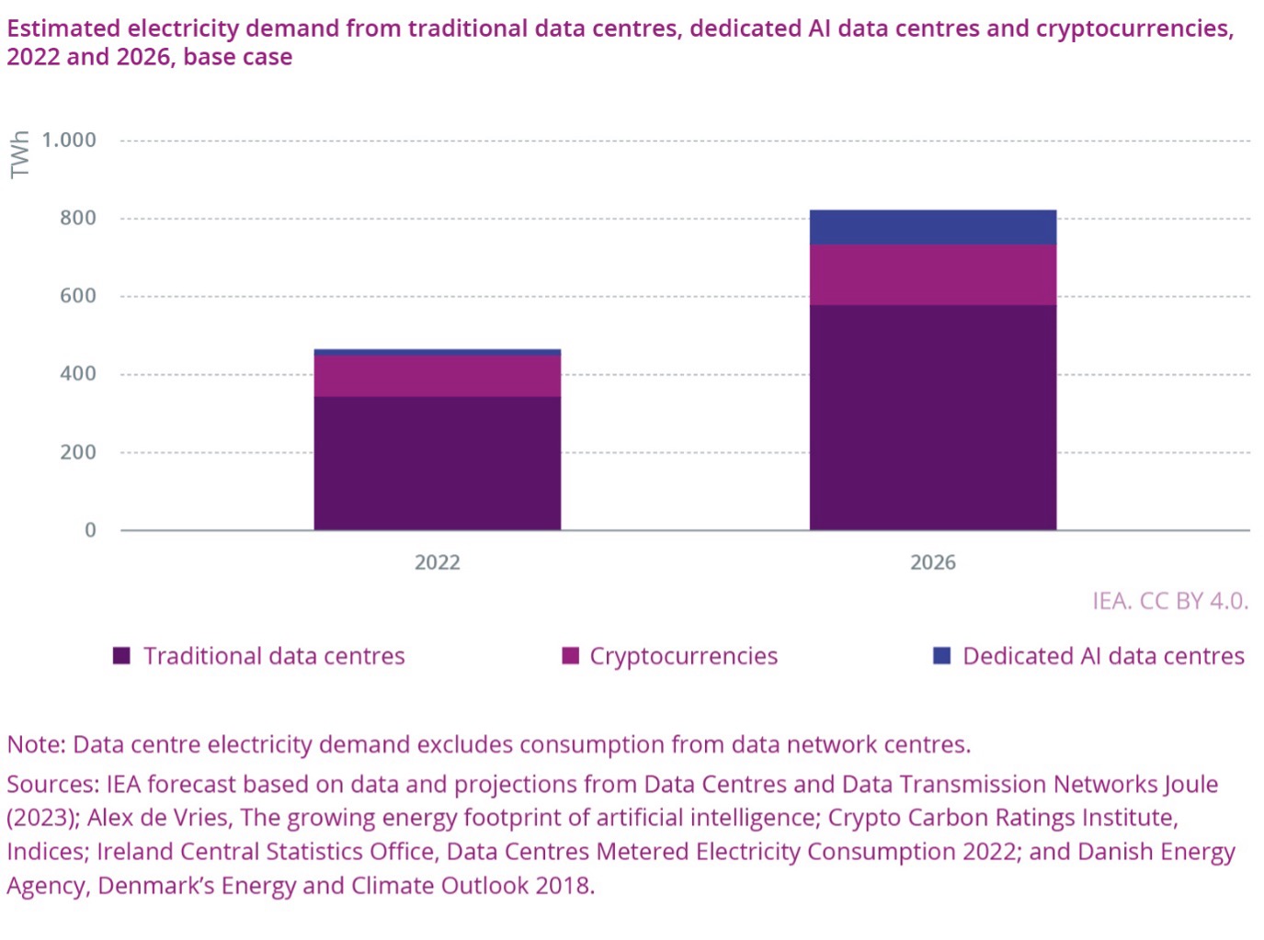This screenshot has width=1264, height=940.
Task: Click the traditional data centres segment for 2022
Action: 437,463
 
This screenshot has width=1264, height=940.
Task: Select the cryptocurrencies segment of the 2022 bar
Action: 437,376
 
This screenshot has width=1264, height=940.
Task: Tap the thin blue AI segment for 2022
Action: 437,352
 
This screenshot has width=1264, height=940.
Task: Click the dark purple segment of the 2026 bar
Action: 932,417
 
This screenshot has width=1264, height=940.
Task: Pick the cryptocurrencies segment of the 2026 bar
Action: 932,275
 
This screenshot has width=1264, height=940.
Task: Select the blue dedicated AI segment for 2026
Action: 932,227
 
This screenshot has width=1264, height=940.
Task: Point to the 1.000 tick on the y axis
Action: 69,140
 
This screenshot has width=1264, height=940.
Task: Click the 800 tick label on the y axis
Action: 78,218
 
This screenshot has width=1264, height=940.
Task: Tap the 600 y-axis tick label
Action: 78,296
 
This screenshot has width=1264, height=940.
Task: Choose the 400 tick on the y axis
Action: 78,374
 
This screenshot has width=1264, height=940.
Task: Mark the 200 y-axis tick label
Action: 78,452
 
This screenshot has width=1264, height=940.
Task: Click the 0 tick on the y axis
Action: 90,530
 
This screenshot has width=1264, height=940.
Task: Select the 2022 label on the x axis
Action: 437,562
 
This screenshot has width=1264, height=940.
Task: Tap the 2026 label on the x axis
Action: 932,562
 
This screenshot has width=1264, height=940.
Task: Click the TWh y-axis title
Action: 19,153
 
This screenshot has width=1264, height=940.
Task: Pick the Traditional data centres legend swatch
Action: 121,656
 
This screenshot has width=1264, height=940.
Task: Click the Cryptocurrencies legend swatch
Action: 570,656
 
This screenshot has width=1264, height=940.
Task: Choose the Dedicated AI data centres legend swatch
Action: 941,656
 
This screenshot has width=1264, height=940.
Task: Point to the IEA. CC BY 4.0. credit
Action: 1169,601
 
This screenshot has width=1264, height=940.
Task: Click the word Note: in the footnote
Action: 36,744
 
